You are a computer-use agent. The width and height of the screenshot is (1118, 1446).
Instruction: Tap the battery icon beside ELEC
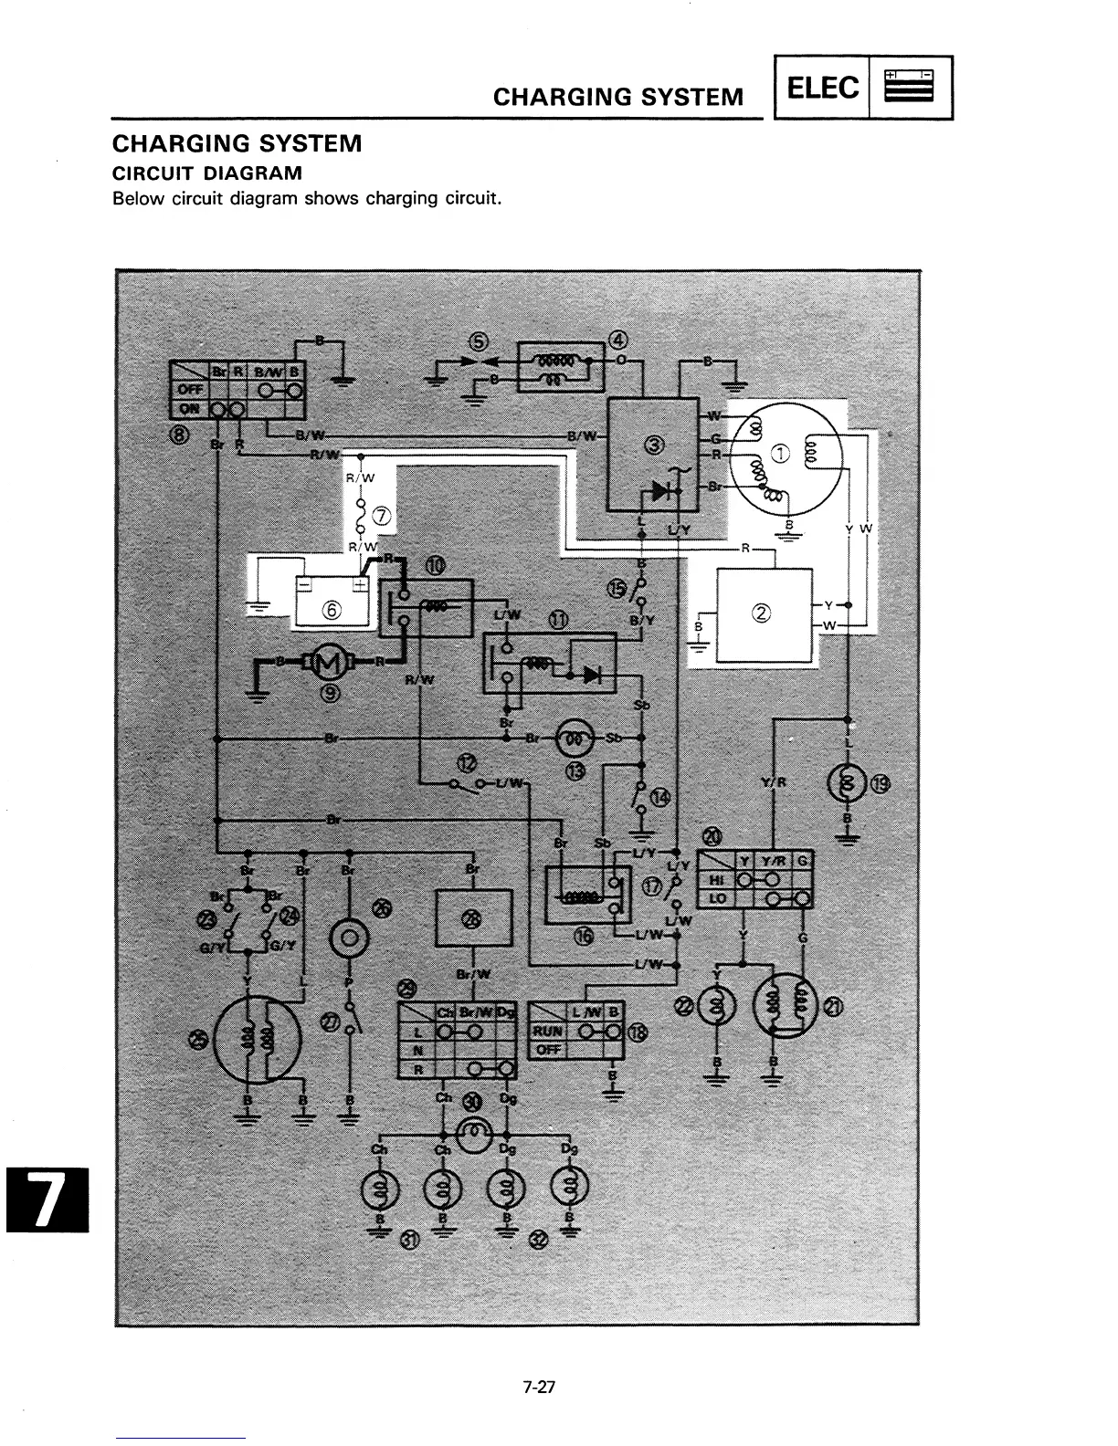click(x=910, y=88)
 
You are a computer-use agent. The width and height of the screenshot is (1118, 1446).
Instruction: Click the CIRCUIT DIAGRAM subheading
click(x=206, y=173)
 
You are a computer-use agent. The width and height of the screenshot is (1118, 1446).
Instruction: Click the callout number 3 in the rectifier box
click(x=654, y=445)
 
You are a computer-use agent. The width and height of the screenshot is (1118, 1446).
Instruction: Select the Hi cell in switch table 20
click(x=715, y=880)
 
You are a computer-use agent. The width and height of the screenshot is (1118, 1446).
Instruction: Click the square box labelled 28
click(x=472, y=918)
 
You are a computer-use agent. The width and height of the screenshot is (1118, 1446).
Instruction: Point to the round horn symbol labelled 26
click(x=349, y=938)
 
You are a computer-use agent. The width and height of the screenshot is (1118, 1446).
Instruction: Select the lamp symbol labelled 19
click(x=848, y=783)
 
